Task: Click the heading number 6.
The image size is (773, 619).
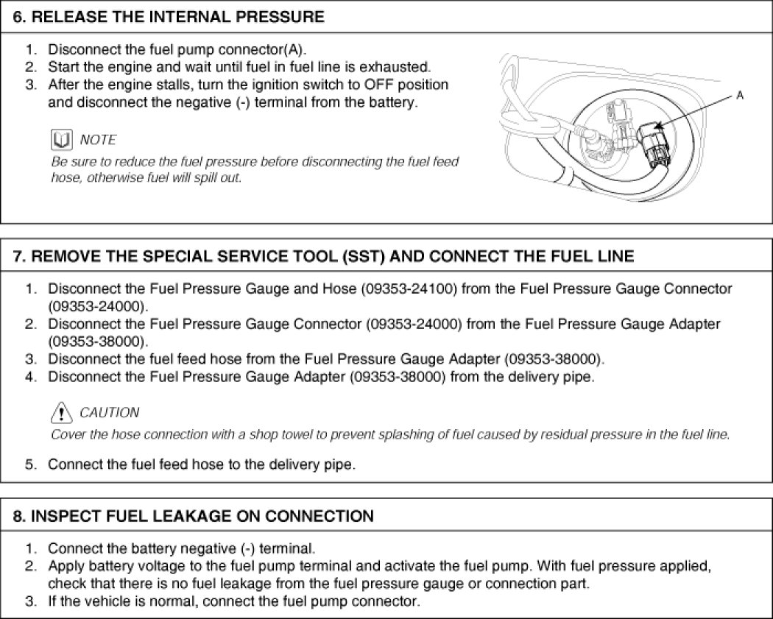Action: pyautogui.click(x=20, y=17)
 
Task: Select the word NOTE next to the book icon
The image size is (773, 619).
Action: pyautogui.click(x=98, y=140)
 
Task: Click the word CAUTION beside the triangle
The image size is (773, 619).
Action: pyautogui.click(x=109, y=412)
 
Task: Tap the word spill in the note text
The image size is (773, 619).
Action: pyautogui.click(x=198, y=178)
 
